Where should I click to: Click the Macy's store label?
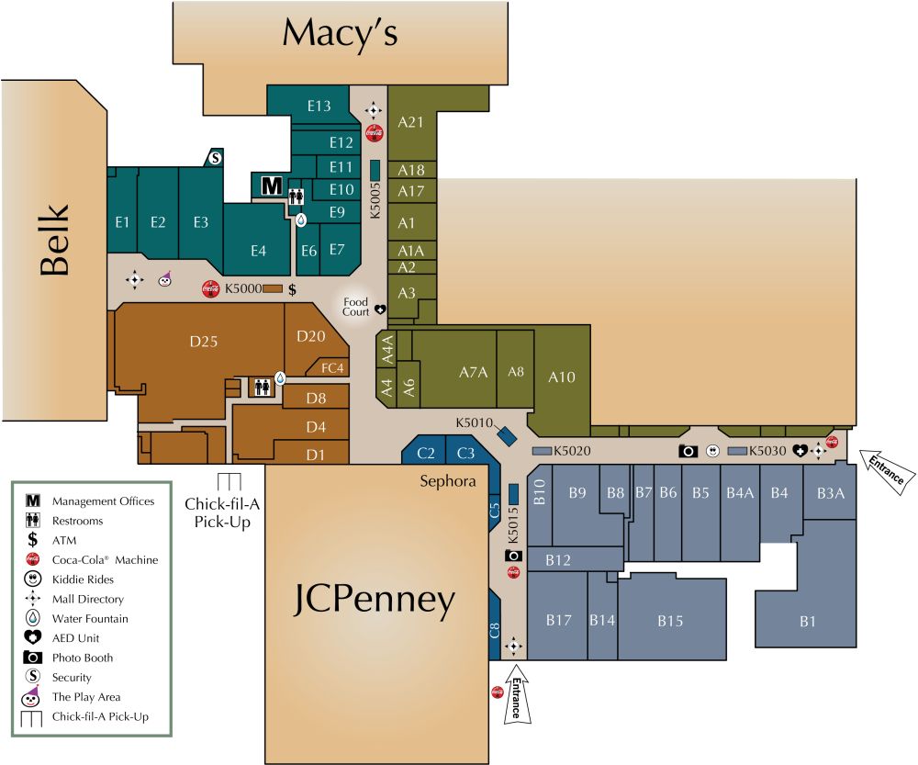coord(340,34)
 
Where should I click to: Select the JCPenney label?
coord(375,601)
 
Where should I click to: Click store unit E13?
coord(319,107)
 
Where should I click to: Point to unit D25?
coord(204,342)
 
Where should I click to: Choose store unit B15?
coord(670,622)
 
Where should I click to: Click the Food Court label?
coord(355,307)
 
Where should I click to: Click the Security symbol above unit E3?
coord(215,158)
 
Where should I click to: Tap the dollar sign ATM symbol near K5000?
coord(292,289)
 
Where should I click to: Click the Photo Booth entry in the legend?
coord(83,658)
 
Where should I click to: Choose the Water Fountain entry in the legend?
coord(90,618)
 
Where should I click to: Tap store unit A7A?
coord(472,372)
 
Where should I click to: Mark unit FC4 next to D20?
coord(332,368)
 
